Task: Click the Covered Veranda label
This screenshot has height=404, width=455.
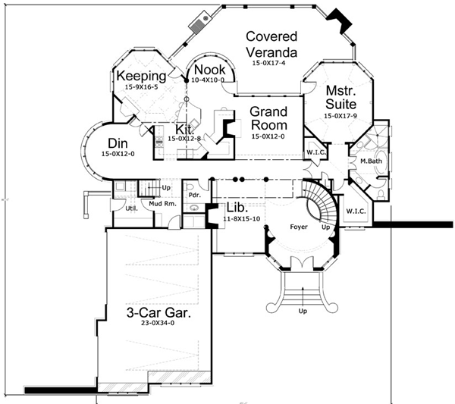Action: (271, 44)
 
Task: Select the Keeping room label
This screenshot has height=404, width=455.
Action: (140, 76)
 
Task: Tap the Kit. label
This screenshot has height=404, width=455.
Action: (186, 129)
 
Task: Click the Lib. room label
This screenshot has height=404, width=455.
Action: (236, 207)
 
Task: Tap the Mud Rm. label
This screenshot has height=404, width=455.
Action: (162, 205)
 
